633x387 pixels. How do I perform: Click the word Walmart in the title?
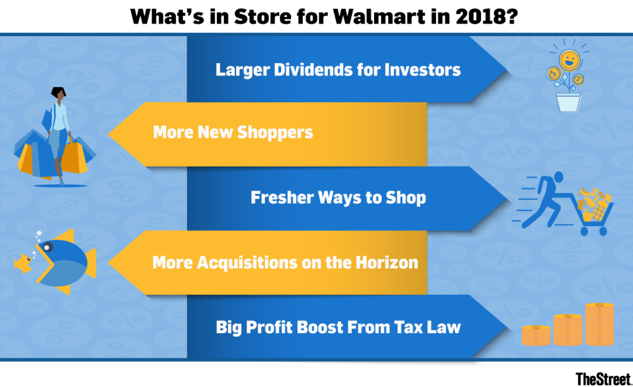379,17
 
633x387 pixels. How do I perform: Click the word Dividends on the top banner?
313,70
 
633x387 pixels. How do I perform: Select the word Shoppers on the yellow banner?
275,133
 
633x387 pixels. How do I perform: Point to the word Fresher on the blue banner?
282,197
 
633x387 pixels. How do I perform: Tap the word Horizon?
387,263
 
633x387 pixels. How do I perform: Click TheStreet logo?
603,379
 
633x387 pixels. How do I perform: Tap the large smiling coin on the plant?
569,60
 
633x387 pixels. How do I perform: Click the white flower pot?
568,102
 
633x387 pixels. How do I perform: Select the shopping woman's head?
59,93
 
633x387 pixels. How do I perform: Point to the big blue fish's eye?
47,247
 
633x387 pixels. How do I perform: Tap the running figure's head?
559,177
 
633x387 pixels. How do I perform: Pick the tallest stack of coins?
600,324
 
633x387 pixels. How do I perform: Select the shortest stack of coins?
536,335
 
